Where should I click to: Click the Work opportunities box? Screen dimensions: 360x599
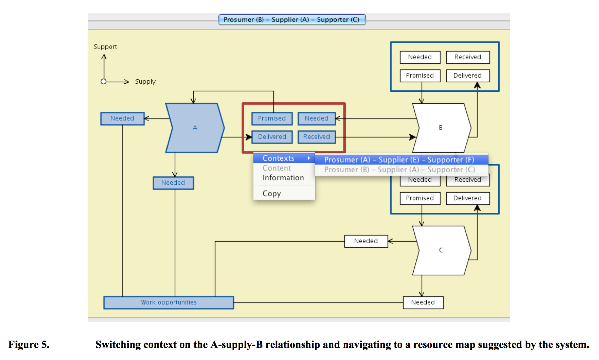coord(169,302)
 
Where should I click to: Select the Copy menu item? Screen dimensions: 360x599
coord(272,194)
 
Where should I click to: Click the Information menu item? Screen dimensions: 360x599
coord(283,178)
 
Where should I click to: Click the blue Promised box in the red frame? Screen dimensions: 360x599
coord(272,118)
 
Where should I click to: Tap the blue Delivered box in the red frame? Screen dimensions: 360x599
coord(272,137)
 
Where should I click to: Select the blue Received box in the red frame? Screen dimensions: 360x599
coord(317,137)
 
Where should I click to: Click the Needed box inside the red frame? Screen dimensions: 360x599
coord(317,118)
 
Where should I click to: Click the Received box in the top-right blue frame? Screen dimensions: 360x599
coord(467,57)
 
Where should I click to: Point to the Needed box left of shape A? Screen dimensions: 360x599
coord(122,118)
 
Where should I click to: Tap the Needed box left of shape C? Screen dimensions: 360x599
coord(366,241)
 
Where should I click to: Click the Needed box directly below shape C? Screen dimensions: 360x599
coord(423,302)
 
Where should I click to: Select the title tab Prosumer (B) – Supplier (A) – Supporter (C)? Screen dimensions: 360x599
coord(291,20)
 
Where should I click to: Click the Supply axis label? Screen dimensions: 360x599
coord(145,82)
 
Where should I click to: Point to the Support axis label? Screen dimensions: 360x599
coord(105,47)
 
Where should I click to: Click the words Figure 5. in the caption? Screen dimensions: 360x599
coord(29,345)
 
